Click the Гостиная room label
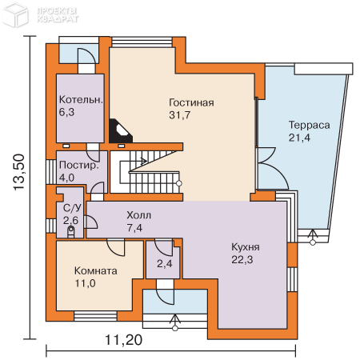(191, 102)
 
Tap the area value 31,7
(180, 115)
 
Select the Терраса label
(310, 125)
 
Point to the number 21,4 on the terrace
(299, 138)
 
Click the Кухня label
(246, 247)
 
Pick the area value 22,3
(242, 259)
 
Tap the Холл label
(138, 215)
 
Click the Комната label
(96, 270)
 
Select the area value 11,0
(85, 283)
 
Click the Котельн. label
(81, 100)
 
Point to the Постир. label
(79, 165)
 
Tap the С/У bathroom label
(72, 208)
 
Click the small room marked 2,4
(165, 264)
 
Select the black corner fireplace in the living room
(120, 130)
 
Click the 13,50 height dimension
(19, 172)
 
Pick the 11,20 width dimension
(124, 340)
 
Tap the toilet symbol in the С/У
(71, 231)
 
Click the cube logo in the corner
(15, 15)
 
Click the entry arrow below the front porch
(175, 322)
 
